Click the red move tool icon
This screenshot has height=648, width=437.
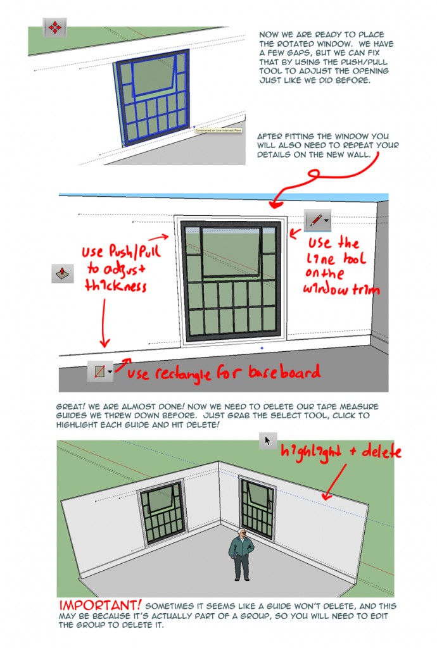[54, 28]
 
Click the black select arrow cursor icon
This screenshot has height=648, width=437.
[267, 440]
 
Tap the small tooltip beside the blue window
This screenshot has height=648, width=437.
[218, 131]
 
